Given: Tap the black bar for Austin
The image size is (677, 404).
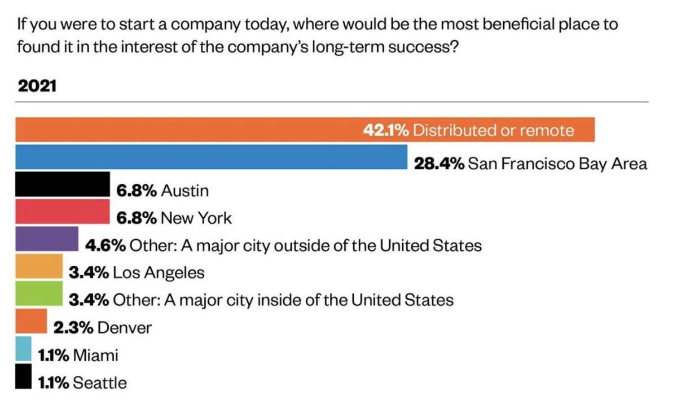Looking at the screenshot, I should coord(62,185).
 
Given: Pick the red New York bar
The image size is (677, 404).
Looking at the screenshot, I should coord(62,212).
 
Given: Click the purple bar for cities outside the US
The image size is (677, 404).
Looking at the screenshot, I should coord(47,239).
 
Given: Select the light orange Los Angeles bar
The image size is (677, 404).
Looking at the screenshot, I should coord(39,266).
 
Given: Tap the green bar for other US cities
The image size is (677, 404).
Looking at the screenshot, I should coord(39,293).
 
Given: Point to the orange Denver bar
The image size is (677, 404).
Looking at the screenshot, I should coord(31,320).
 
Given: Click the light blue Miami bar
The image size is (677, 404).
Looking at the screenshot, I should coord(23,349).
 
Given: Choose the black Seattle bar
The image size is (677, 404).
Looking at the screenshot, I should coord(23,376).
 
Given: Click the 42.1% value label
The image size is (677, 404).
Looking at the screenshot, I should coord(385,131).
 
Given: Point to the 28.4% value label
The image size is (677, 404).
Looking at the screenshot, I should coord(439,164).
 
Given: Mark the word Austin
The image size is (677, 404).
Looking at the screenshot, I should coord(184,191).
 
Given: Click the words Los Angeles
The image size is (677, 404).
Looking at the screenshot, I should coord(159,273).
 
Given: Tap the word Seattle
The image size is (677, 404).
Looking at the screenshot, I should coord(100,383).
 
